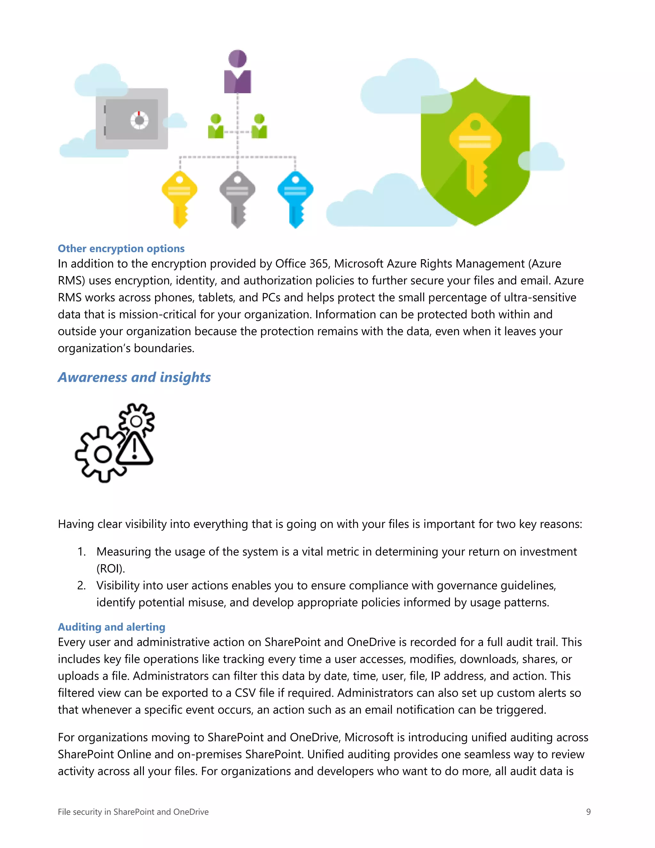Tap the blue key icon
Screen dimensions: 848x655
pyautogui.click(x=295, y=198)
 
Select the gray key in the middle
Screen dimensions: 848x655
pyautogui.click(x=237, y=198)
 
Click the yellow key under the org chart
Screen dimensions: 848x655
pyautogui.click(x=179, y=198)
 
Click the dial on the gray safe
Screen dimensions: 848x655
pyautogui.click(x=139, y=120)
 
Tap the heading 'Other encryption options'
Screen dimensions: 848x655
pyautogui.click(x=121, y=249)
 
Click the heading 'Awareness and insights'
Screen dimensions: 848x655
pyautogui.click(x=134, y=377)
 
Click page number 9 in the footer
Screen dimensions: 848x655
pyautogui.click(x=588, y=812)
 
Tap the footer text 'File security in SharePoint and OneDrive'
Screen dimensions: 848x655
pyautogui.click(x=133, y=812)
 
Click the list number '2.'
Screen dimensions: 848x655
pyautogui.click(x=82, y=585)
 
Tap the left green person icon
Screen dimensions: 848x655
pyautogui.click(x=216, y=127)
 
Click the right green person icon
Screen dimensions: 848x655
pyautogui.click(x=259, y=127)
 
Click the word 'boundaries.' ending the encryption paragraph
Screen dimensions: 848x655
pyautogui.click(x=164, y=348)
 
